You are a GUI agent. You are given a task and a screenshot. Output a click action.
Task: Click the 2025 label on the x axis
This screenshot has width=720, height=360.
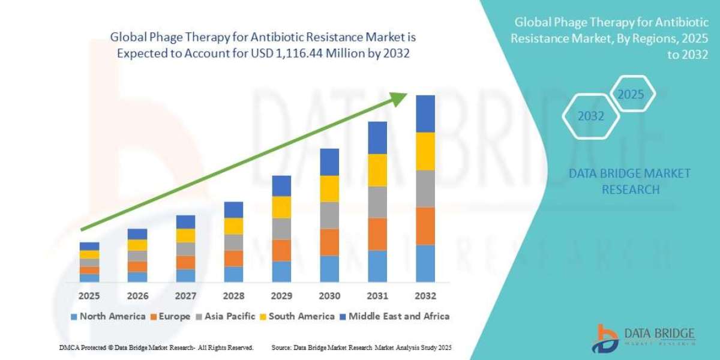pyautogui.click(x=89, y=296)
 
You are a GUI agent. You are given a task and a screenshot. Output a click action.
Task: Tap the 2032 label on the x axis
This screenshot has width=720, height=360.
pyautogui.click(x=425, y=296)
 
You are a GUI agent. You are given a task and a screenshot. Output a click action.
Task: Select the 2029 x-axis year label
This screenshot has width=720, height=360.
pyautogui.click(x=281, y=296)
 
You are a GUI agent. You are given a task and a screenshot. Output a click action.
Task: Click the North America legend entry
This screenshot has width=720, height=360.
pyautogui.click(x=107, y=316)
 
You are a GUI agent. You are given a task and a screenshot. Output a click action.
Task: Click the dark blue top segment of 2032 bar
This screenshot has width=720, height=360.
pyautogui.click(x=425, y=113)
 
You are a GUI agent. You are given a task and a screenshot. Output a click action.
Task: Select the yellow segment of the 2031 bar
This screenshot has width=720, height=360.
pyautogui.click(x=377, y=170)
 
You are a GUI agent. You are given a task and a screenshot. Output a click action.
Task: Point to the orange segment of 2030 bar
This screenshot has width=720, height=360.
pyautogui.click(x=329, y=242)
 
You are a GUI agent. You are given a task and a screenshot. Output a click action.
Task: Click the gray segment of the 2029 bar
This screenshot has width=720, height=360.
pyautogui.click(x=281, y=229)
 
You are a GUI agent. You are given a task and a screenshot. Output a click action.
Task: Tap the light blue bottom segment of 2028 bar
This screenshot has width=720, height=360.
pyautogui.click(x=233, y=274)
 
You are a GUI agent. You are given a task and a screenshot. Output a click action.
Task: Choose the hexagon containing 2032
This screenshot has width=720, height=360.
pyautogui.click(x=591, y=116)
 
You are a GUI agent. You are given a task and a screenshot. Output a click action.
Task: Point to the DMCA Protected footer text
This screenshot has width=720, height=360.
pyautogui.click(x=156, y=347)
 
